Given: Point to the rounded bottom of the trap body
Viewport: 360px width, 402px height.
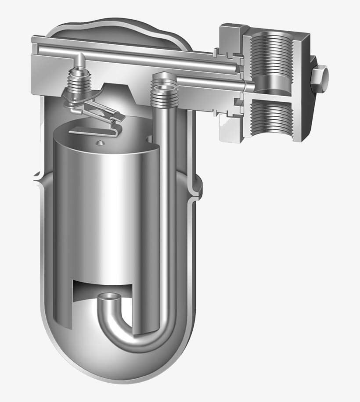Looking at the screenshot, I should tap(119, 373).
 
